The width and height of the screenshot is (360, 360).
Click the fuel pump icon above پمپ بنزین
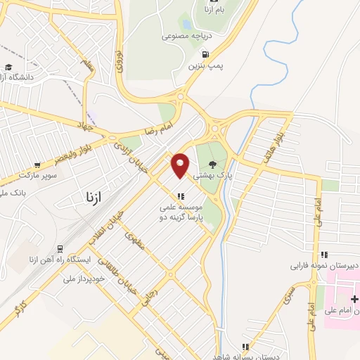point(205,54)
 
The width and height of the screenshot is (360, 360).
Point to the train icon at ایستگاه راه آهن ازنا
point(60,249)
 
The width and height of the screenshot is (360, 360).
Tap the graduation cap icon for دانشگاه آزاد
point(8,67)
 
